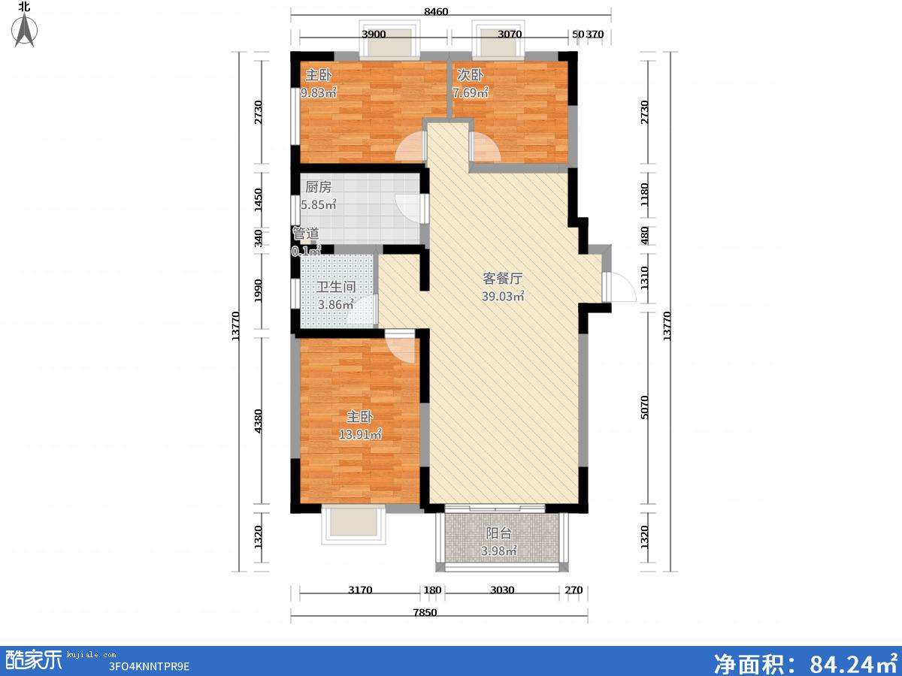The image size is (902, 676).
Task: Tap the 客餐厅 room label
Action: [503, 279]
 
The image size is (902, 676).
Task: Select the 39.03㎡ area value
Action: [503, 296]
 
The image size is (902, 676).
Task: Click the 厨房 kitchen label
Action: [318, 187]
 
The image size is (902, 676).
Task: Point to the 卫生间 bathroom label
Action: [336, 287]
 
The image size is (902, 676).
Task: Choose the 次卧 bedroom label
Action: [470, 75]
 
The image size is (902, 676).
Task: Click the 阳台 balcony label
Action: [499, 533]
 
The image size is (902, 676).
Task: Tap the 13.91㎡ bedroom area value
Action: [360, 434]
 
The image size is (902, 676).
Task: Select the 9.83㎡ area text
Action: [319, 92]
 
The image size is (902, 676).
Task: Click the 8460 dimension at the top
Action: [436, 11]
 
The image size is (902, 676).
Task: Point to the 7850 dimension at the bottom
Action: [425, 613]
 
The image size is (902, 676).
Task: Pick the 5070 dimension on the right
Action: [644, 407]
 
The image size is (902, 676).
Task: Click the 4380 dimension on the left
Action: [258, 421]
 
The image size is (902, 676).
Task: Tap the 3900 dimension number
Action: [374, 34]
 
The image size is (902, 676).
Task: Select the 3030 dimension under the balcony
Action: [502, 590]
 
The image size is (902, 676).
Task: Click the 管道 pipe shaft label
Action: [306, 234]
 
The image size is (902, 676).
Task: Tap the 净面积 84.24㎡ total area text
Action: [806, 663]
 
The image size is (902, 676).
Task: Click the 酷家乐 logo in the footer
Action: [34, 660]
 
